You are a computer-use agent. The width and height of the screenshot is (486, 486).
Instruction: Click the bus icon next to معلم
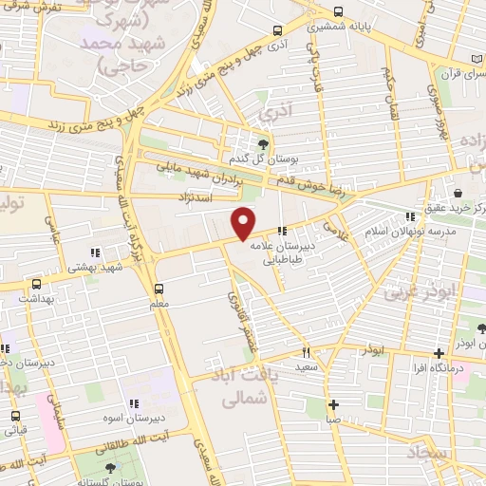(159, 288)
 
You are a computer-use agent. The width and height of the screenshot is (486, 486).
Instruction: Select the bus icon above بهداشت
(36, 284)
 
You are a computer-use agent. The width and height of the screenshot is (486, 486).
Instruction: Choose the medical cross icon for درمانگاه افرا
(439, 352)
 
